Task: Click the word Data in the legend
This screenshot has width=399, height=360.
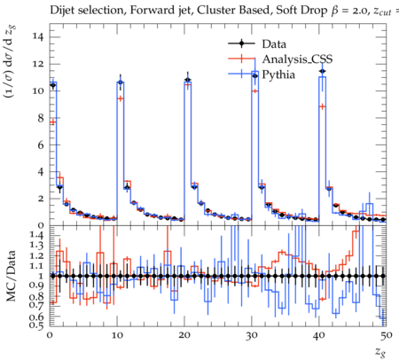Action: pos(274,44)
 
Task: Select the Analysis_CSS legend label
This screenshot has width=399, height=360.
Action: pos(297,59)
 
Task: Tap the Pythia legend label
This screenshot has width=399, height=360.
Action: pos(278,74)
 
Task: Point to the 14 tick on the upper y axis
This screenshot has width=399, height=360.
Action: pos(38,37)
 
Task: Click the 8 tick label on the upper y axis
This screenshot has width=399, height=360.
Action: pos(40,118)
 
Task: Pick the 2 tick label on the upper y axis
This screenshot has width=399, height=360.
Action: pos(40,199)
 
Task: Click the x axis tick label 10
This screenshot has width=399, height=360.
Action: pos(117,335)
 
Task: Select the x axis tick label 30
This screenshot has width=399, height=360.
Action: pos(252,335)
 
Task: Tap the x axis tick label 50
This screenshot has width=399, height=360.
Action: pos(387,335)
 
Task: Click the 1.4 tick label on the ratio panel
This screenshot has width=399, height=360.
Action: pos(36,235)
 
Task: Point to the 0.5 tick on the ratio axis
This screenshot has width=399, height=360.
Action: pos(36,325)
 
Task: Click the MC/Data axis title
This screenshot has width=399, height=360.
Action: pos(11,276)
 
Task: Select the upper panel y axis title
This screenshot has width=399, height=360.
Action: pos(11,62)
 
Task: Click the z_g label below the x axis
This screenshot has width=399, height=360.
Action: pos(379,352)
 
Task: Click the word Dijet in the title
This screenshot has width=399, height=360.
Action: pos(60,10)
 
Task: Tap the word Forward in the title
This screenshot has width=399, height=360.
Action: pos(148,10)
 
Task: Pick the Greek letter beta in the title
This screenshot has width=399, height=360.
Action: pos(333,11)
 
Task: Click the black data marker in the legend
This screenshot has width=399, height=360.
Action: pos(241,43)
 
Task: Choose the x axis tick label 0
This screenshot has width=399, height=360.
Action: pos(50,335)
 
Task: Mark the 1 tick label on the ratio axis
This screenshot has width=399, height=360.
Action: pos(41,276)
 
